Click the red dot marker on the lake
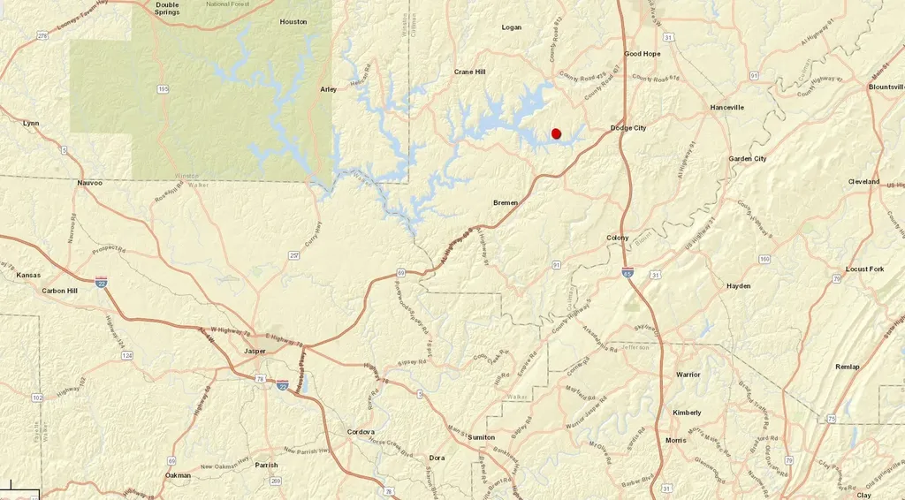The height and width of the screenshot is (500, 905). [556, 133]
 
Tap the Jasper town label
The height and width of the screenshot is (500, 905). [255, 351]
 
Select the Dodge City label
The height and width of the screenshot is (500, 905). [628, 128]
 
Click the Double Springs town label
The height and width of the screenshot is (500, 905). [167, 8]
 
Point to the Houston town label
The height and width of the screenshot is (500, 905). [293, 22]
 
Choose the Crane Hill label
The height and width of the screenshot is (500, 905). [470, 72]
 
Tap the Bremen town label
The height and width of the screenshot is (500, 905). [506, 202]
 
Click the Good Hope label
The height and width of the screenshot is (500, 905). [643, 54]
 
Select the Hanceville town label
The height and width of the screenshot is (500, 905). [727, 107]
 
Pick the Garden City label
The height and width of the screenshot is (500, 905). [748, 159]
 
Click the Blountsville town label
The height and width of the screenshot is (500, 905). [886, 87]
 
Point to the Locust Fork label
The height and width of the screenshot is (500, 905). [864, 269]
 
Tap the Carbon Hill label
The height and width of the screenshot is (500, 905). [60, 290]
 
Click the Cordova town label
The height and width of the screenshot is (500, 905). [361, 432]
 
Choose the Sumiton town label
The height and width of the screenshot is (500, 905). [482, 437]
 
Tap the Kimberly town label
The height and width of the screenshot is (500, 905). [687, 413]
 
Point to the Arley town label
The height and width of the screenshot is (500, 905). [329, 89]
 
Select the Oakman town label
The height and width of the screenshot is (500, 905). [178, 475]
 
